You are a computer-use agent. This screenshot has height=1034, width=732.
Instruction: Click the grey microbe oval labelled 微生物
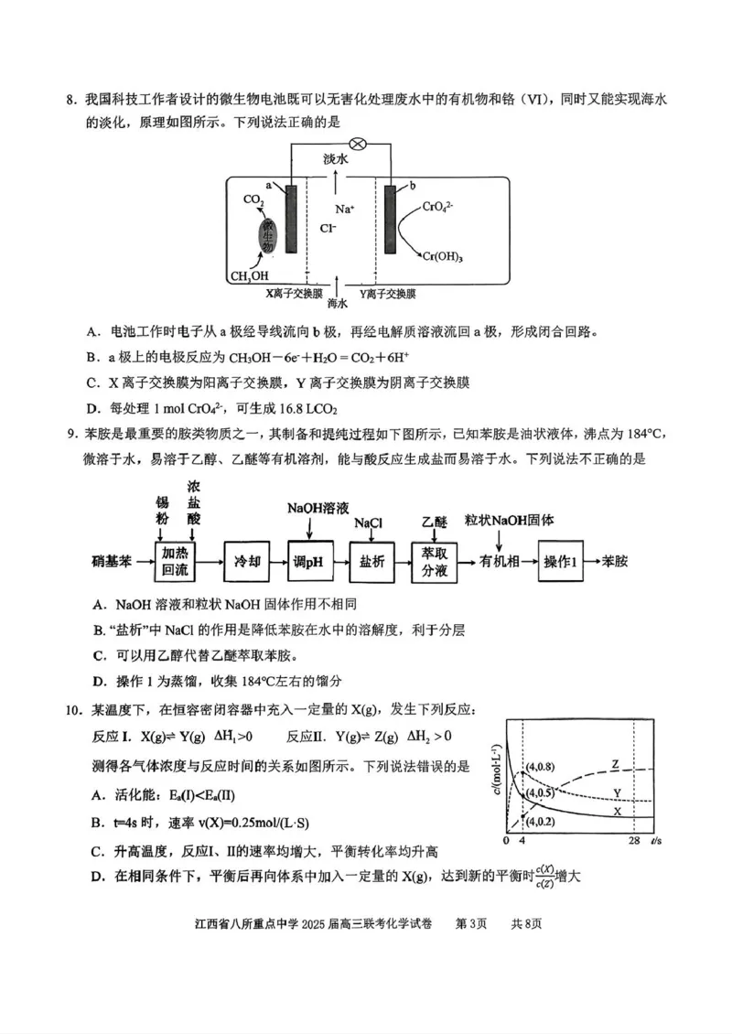[268, 235]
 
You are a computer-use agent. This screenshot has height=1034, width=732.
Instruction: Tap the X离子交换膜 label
[294, 294]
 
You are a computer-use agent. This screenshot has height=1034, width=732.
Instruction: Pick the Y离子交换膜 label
[388, 294]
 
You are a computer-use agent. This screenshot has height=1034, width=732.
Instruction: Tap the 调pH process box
[311, 561]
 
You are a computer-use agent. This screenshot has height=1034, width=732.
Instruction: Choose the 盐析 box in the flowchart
[372, 561]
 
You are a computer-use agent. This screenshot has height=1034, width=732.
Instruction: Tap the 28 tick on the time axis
[633, 839]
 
